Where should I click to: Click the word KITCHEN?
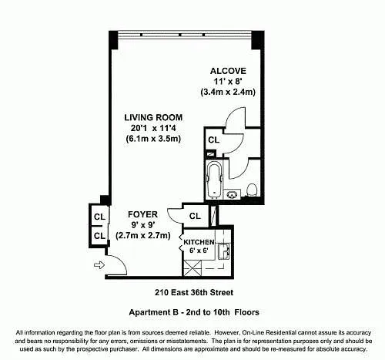(x=198, y=242)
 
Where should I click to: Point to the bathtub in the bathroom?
(x=215, y=180)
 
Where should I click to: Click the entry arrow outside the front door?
(x=98, y=266)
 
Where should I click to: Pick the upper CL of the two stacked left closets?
(x=99, y=216)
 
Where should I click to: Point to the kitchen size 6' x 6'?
(x=197, y=252)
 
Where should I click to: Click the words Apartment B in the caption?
(x=152, y=312)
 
